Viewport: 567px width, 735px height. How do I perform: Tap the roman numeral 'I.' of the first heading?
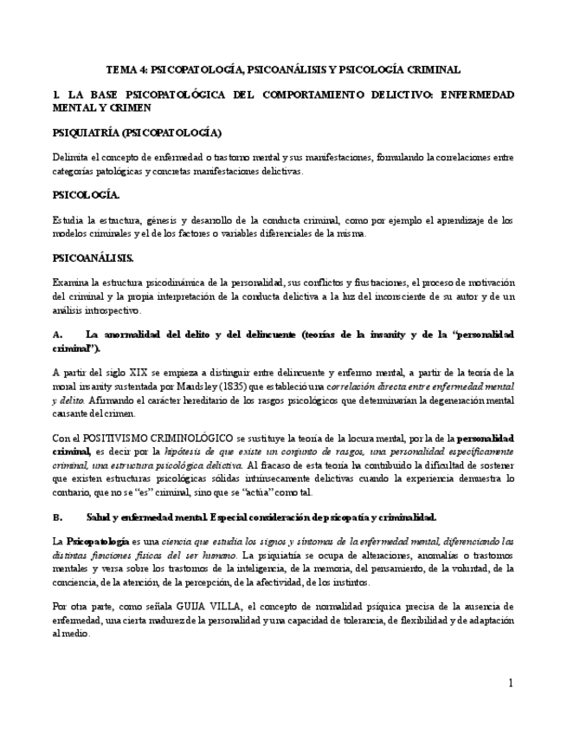(56, 94)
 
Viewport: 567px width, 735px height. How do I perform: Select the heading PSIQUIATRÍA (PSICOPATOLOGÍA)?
(137, 133)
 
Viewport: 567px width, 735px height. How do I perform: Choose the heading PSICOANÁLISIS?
(93, 258)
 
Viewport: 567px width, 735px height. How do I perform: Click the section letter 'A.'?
(58, 335)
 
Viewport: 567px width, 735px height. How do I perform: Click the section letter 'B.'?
(58, 517)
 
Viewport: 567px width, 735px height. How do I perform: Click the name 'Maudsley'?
(203, 387)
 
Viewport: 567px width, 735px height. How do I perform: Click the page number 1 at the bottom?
(510, 684)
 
